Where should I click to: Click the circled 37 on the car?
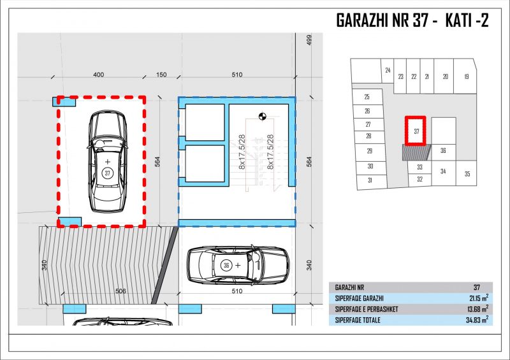point(108,173)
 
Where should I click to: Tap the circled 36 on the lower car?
point(226,265)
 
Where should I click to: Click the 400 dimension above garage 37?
point(99,75)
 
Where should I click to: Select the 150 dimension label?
point(161,75)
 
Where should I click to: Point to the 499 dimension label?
point(309,40)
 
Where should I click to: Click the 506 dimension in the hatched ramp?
point(120,291)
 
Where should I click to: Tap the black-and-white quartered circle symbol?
point(263,116)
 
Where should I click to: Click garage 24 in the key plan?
point(388,70)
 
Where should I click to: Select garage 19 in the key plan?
point(466,76)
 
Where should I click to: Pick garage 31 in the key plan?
point(370,180)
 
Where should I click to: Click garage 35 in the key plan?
point(467,174)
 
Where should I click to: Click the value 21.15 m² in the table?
point(477,298)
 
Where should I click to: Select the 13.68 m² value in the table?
point(477,309)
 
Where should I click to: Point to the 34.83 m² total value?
point(477,320)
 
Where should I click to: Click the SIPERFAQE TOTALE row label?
point(358,320)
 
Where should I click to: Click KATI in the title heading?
point(458,20)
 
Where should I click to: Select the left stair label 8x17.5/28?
point(242,152)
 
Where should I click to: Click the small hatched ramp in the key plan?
point(416,152)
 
